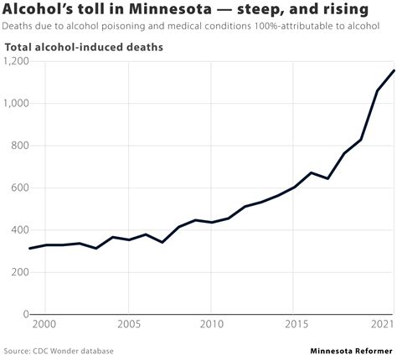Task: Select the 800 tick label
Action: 20,146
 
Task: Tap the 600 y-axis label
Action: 20,188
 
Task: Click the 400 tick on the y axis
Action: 20,230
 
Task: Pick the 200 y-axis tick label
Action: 20,272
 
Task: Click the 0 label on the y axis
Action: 25,315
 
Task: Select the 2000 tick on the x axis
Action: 44,324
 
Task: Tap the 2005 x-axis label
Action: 128,324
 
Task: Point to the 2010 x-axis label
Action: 211,324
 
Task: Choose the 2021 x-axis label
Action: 383,324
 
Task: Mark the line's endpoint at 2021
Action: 394,70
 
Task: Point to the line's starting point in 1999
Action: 29,248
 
